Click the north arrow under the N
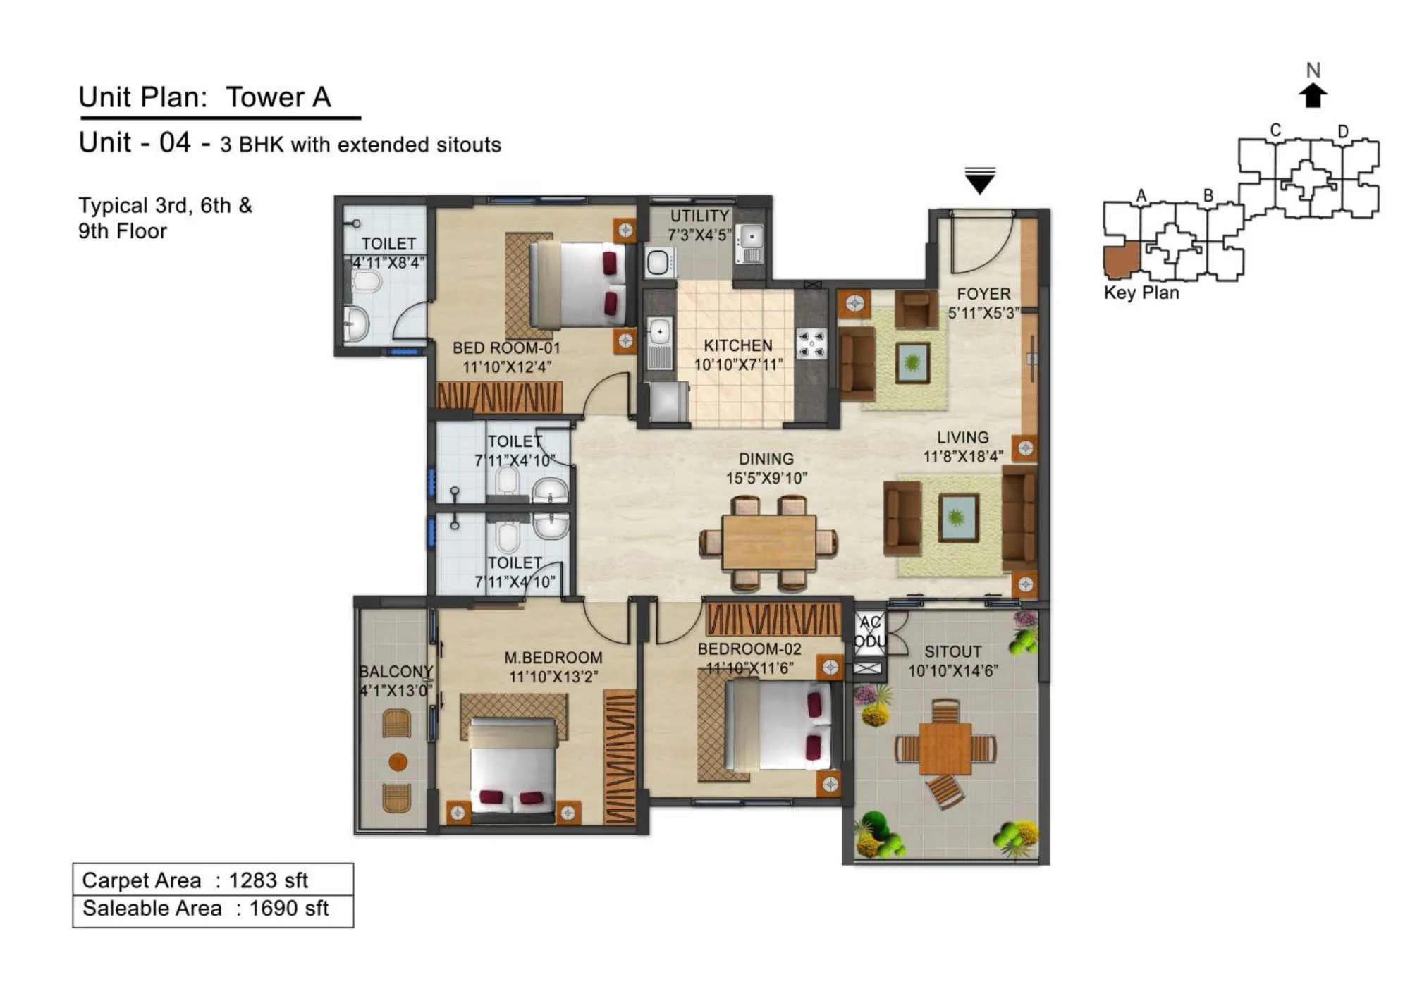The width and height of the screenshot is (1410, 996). point(1312,96)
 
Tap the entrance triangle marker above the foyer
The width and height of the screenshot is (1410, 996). point(980,182)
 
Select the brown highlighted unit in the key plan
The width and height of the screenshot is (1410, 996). point(1120,259)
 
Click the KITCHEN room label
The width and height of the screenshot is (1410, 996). point(737,345)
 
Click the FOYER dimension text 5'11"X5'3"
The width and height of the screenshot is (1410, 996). point(983,313)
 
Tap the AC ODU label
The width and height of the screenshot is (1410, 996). point(870,632)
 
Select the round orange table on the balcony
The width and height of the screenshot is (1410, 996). point(398,762)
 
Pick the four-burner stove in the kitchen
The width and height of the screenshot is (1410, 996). point(811,344)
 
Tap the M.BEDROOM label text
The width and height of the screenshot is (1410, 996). point(553,658)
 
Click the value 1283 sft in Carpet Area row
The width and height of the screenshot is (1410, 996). point(268,880)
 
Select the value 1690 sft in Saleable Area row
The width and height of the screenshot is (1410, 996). point(288,909)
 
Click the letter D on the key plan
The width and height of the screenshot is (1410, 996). point(1342,132)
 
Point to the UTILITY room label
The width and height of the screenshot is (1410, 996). point(699,216)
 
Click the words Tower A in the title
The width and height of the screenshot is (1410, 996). point(278,97)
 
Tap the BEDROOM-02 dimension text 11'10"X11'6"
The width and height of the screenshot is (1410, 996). point(749,668)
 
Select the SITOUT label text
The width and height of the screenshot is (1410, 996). point(952,651)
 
